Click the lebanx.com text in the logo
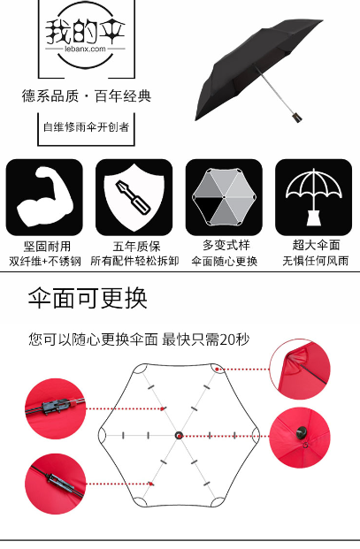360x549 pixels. coord(85,49)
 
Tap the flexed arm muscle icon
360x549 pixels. coord(44,197)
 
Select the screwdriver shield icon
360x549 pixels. coord(134,197)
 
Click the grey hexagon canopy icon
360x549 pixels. coord(224,197)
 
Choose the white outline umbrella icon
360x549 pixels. coord(314,197)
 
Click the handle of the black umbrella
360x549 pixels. coord(297,117)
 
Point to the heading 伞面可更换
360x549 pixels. coord(88,298)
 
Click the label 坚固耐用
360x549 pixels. coord(47,246)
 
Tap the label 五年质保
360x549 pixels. coord(136,246)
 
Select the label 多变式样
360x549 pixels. coord(226,245)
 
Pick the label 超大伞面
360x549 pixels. coord(317,245)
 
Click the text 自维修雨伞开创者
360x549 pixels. coord(86,126)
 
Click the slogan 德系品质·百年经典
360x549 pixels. coord(87,96)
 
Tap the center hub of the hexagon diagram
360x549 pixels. coord(179,436)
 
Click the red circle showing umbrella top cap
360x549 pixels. coord(300,438)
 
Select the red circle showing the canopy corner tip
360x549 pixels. coord(300,370)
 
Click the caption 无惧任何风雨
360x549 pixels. coord(316,261)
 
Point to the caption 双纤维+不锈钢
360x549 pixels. coord(45,261)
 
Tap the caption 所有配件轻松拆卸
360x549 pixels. coord(134,261)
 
